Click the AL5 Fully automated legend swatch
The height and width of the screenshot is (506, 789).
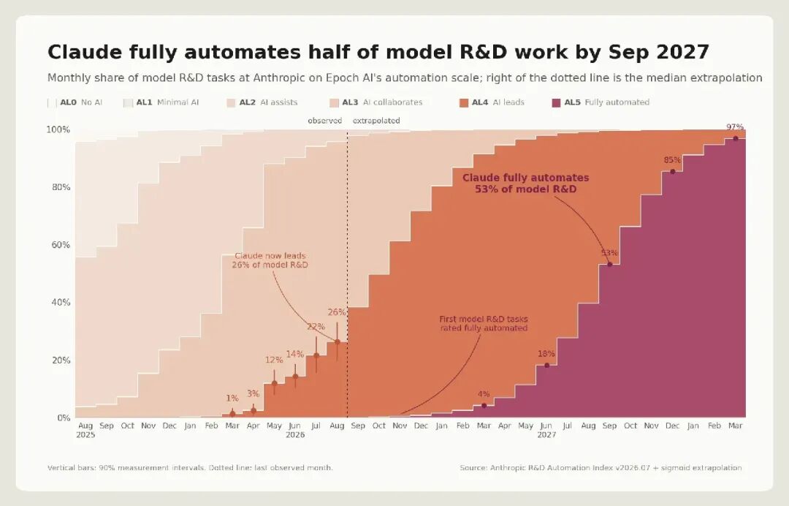(x=556, y=102)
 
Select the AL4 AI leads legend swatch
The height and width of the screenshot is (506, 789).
(x=463, y=102)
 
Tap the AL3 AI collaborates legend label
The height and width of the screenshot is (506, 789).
(x=382, y=102)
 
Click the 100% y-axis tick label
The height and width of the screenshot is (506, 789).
(x=58, y=130)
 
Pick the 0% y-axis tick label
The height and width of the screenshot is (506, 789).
(x=64, y=418)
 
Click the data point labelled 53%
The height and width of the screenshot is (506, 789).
(x=610, y=264)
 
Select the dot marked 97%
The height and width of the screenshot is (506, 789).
(x=736, y=138)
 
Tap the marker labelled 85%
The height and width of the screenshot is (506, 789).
(x=672, y=172)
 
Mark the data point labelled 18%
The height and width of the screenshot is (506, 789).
(x=547, y=365)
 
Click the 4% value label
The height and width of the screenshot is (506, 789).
(x=484, y=394)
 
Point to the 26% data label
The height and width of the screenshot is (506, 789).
(x=337, y=312)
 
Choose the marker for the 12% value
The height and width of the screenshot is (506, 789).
(x=274, y=383)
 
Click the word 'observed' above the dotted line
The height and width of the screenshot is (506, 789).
(x=324, y=121)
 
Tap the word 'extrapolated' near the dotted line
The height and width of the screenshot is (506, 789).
(x=376, y=121)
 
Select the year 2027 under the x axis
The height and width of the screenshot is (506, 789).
(x=546, y=435)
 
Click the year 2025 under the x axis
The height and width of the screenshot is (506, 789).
(x=85, y=435)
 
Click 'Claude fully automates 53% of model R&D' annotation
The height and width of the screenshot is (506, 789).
(x=526, y=184)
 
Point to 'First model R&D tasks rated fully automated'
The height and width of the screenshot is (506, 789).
(x=484, y=323)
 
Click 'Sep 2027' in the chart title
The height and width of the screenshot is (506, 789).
(x=659, y=53)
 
